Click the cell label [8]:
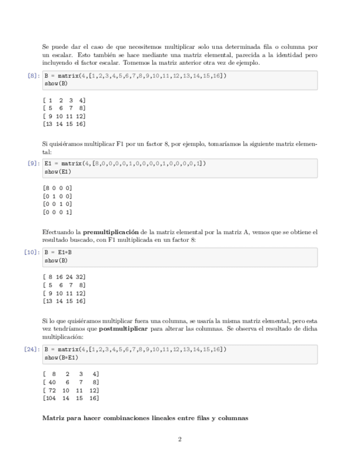[32, 76]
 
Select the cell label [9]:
[32, 163]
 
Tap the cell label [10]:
[31, 252]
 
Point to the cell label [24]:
[31, 349]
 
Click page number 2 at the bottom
[180, 439]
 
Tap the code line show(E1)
[58, 171]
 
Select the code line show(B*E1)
[61, 358]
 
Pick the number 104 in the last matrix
[50, 398]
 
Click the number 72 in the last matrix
[52, 390]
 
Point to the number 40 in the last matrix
[52, 382]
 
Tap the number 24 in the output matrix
[69, 277]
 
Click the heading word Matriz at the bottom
[54, 418]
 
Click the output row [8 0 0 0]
[57, 188]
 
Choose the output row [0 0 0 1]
[57, 212]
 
